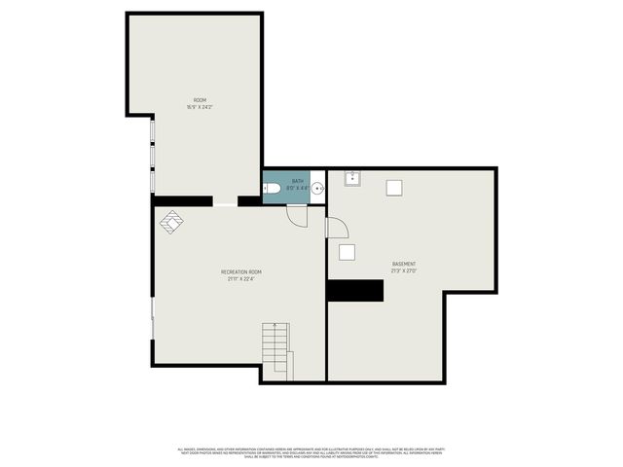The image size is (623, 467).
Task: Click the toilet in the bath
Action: pyautogui.click(x=273, y=188)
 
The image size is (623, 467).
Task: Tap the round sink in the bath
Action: pyautogui.click(x=317, y=188)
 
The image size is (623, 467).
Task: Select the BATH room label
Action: pyautogui.click(x=298, y=181)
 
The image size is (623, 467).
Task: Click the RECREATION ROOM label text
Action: pyautogui.click(x=240, y=271)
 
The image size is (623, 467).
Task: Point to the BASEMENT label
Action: pyautogui.click(x=404, y=264)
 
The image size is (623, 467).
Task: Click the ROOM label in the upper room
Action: pyautogui.click(x=200, y=100)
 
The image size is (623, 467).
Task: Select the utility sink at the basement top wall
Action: pyautogui.click(x=352, y=178)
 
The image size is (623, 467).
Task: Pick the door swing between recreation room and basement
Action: pyautogui.click(x=335, y=229)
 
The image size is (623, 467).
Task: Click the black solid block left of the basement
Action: pyautogui.click(x=354, y=290)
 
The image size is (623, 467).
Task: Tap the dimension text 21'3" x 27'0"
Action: pyautogui.click(x=404, y=271)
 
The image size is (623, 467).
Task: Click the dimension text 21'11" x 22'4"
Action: pyautogui.click(x=240, y=279)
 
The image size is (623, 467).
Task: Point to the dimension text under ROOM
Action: pyautogui.click(x=200, y=107)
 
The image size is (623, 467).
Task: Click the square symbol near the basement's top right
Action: pyautogui.click(x=394, y=188)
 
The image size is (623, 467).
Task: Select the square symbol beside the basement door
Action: pyautogui.click(x=347, y=252)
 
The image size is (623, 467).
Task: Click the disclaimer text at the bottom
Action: pyautogui.click(x=311, y=451)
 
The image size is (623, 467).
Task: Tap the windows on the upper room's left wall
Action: pyautogui.click(x=153, y=156)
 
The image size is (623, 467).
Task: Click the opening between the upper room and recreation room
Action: pyautogui.click(x=225, y=203)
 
